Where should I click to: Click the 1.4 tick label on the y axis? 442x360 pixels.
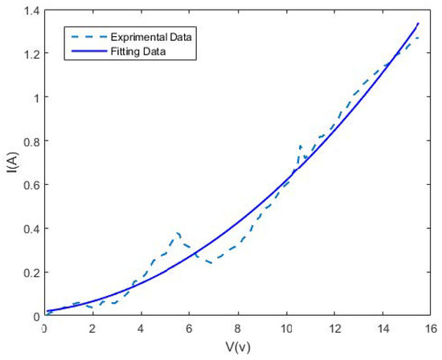pyautogui.click(x=30, y=10)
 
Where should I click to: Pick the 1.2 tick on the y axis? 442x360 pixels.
pyautogui.click(x=30, y=53)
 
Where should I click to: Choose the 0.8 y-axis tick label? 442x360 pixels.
pyautogui.click(x=30, y=141)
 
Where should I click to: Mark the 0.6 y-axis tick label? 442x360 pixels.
pyautogui.click(x=30, y=185)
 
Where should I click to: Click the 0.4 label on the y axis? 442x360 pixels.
pyautogui.click(x=30, y=228)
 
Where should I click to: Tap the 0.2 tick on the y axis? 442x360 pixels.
pyautogui.click(x=30, y=272)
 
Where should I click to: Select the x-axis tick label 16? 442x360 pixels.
pyautogui.click(x=431, y=328)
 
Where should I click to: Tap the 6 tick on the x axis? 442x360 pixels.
pyautogui.click(x=189, y=328)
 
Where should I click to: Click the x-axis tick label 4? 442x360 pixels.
pyautogui.click(x=141, y=328)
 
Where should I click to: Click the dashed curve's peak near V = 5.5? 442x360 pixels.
pyautogui.click(x=178, y=232)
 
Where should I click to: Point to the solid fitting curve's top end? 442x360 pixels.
pyautogui.click(x=419, y=23)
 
